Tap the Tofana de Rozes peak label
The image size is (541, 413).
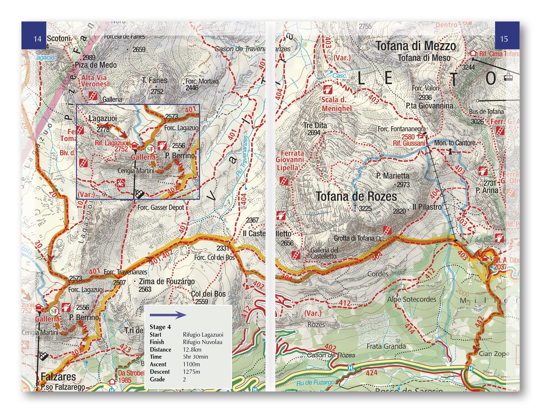pos(356,197)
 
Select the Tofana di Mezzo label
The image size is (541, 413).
pos(415,46)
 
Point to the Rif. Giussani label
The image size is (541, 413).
pos(409,143)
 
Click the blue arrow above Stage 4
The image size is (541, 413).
pos(168,315)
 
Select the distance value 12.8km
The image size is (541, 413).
pos(192,350)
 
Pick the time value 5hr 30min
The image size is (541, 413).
pos(195,357)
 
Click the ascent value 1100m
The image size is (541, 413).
pos(191,364)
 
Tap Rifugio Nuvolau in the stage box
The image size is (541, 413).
pos(202,342)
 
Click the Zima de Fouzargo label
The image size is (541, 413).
pos(167,282)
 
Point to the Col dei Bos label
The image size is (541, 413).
pos(208,294)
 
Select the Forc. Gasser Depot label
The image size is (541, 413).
pos(161,208)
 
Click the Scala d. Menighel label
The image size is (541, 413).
pos(336,104)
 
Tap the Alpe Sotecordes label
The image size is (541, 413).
pos(412,299)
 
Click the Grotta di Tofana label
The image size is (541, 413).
pos(354,238)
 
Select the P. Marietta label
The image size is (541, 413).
pos(392,176)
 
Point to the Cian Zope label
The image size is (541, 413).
pos(494,354)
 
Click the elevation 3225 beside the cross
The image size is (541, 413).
pos(365,208)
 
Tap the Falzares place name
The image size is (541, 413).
pos(58,377)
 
